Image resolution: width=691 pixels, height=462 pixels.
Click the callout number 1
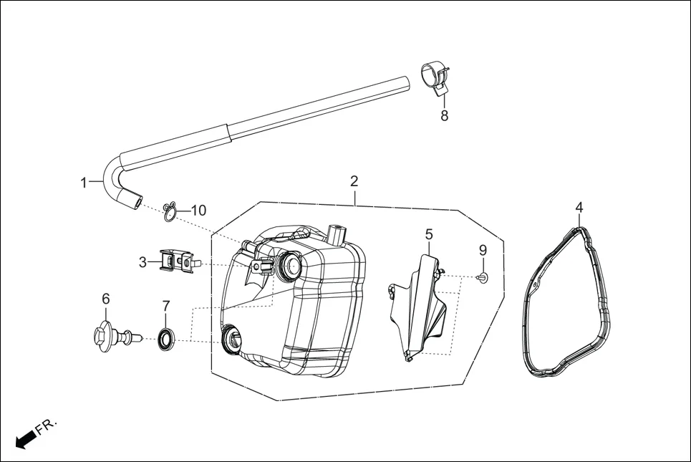tap(84, 182)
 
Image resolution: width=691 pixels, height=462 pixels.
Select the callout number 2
tap(354, 181)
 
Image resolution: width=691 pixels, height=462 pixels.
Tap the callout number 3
tap(142, 262)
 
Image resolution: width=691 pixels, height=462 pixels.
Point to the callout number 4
tap(579, 208)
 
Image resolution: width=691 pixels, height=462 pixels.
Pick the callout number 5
tap(429, 234)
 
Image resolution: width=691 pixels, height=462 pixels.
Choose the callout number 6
tap(106, 299)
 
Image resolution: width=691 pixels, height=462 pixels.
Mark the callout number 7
tap(165, 306)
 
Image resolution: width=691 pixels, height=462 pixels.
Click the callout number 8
tap(444, 116)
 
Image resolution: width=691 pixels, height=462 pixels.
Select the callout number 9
tap(483, 250)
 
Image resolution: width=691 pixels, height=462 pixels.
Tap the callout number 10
tap(198, 211)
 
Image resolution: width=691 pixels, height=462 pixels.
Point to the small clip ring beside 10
tap(169, 212)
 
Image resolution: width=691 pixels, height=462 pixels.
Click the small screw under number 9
tap(481, 277)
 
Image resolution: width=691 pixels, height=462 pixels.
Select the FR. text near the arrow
tap(47, 425)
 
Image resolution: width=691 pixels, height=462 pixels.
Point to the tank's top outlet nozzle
tap(336, 234)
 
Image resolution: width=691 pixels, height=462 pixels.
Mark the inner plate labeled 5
tap(418, 308)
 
